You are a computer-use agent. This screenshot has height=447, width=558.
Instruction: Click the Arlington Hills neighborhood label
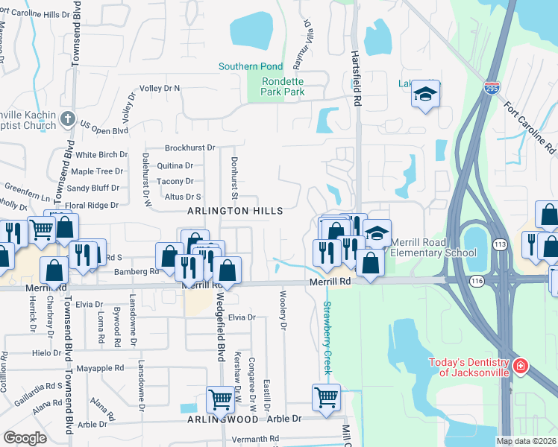coord(235,211)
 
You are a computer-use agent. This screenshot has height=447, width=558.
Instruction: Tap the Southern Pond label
coord(250,66)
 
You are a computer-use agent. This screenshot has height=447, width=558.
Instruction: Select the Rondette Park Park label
coord(283,86)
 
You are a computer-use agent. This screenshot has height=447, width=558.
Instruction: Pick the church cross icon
coord(67,118)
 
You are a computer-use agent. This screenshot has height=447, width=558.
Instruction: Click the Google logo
coord(25,437)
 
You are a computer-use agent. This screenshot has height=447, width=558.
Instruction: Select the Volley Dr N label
coord(160,88)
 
